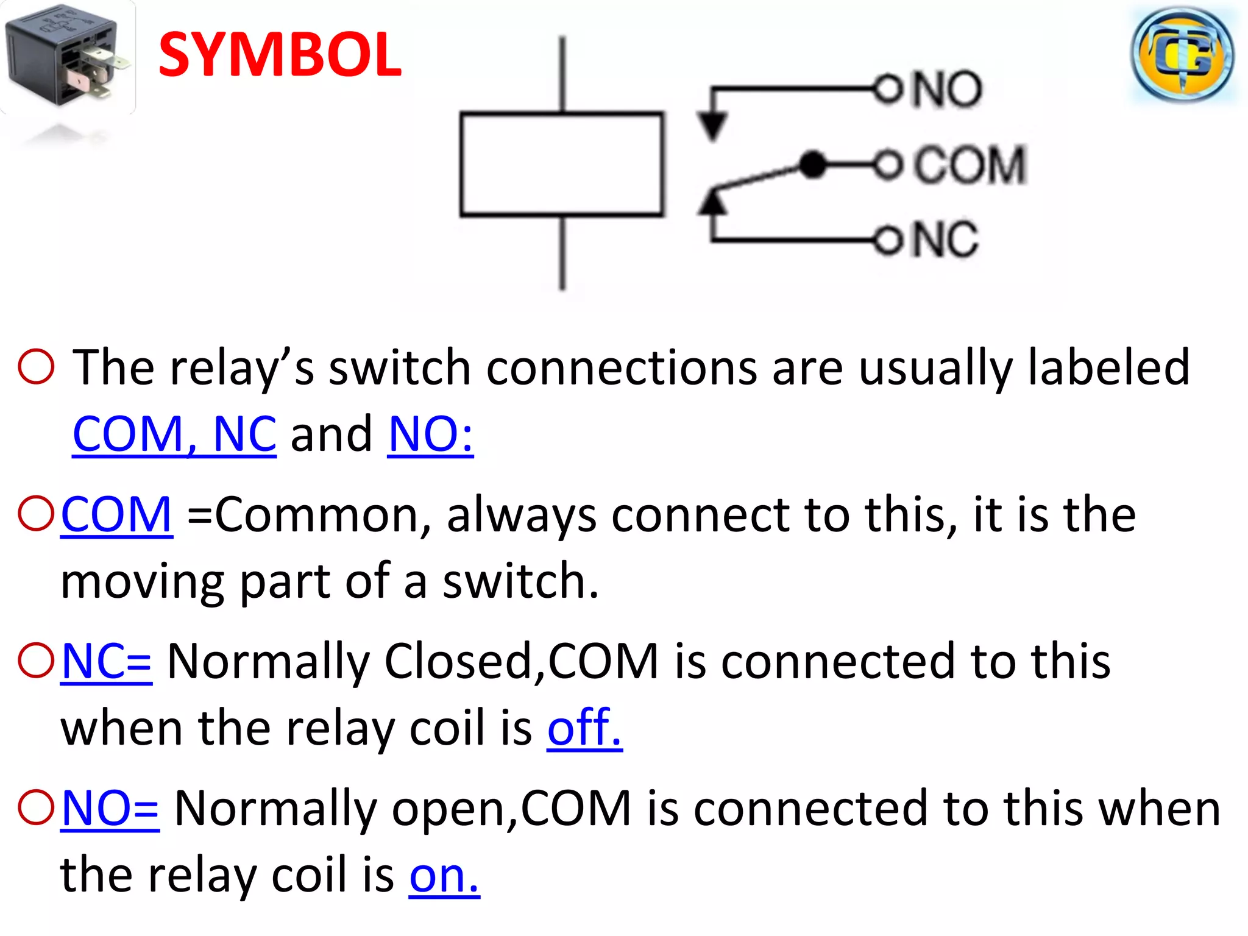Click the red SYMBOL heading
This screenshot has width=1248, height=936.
tap(280, 55)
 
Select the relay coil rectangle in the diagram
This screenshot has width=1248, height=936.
tap(561, 164)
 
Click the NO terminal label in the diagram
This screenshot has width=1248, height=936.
tap(946, 90)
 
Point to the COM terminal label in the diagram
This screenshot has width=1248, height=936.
tap(970, 165)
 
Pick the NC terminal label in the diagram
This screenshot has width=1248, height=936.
tap(945, 239)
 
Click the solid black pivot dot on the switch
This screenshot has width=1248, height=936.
tap(812, 165)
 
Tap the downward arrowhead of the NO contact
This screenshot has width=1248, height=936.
tap(712, 126)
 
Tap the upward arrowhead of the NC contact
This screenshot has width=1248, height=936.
tap(712, 202)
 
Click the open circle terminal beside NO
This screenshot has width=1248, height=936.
tap(887, 90)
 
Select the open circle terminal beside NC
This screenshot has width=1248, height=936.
tap(887, 240)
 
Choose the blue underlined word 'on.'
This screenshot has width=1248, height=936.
tap(444, 875)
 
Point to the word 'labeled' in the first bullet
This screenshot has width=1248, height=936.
tap(1108, 367)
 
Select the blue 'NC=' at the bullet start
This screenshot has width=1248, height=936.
tap(107, 662)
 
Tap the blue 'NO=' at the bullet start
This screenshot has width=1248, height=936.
tap(110, 809)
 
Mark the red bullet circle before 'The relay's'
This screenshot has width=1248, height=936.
tap(37, 367)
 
